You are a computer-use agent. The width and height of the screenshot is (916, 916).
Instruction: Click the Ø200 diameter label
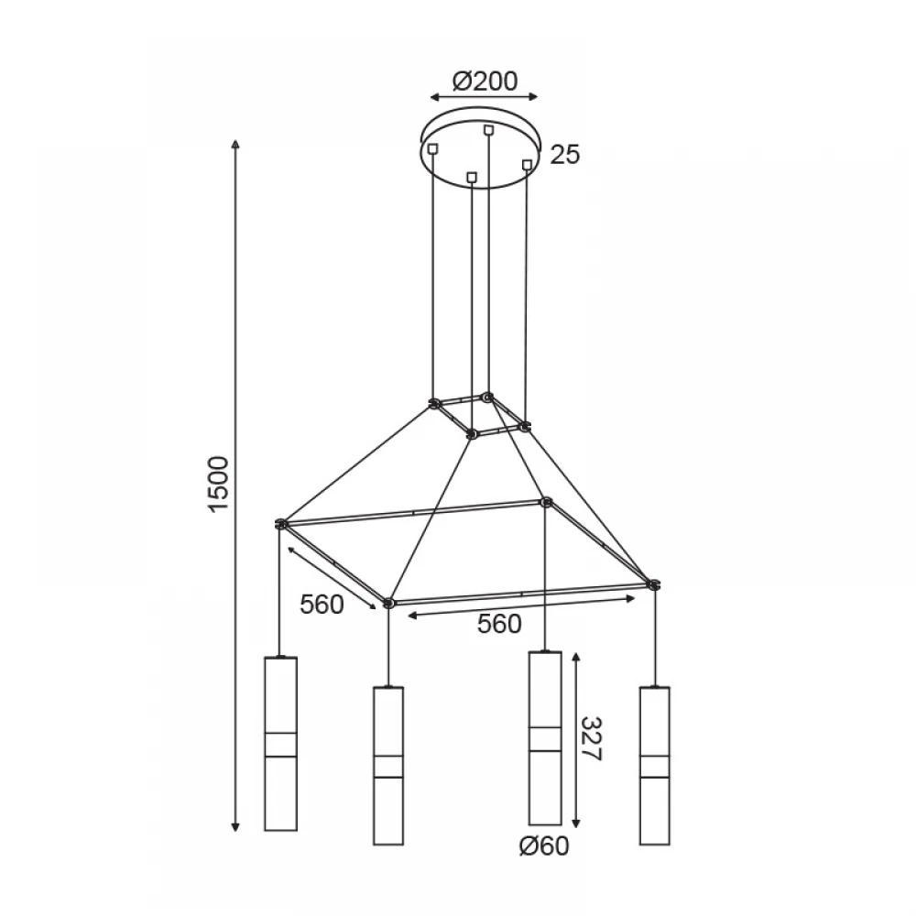pos(485,82)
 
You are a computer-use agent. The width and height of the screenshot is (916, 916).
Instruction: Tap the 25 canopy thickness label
pos(565,155)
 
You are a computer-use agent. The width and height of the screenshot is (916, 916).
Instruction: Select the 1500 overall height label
pos(219,485)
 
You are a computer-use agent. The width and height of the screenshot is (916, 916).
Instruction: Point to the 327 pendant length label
pos(591,739)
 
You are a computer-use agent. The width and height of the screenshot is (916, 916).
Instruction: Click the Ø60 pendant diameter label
pos(544,845)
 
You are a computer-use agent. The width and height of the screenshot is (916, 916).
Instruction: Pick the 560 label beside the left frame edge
pos(322,605)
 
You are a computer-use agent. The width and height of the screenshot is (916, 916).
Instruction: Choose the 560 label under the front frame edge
pos(499,624)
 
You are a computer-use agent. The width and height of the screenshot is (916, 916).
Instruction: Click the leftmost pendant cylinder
pos(281,744)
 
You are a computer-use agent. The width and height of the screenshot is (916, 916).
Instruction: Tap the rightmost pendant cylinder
pos(654,765)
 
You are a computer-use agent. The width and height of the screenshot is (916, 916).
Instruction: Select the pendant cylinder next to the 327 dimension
pos(545,737)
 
